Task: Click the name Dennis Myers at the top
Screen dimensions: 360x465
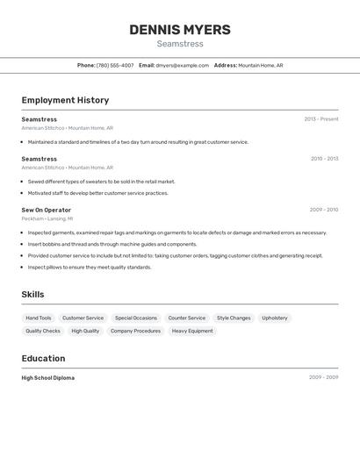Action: [180, 30]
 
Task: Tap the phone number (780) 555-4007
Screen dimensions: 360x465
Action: [115, 65]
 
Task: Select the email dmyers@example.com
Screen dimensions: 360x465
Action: [183, 65]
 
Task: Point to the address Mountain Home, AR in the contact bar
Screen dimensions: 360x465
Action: [261, 65]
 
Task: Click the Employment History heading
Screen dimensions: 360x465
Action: [65, 100]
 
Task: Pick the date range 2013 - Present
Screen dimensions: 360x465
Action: [321, 119]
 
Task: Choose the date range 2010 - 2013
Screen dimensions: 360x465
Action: [324, 159]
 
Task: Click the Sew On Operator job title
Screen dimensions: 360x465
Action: [47, 210]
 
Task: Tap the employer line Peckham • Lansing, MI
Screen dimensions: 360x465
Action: [47, 218]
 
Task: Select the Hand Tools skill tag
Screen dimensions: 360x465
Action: [39, 318]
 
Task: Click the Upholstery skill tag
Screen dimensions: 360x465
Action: [275, 318]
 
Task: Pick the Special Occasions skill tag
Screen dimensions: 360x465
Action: [136, 318]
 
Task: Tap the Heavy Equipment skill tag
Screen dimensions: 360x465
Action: [192, 331]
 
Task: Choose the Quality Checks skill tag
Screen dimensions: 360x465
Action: [43, 331]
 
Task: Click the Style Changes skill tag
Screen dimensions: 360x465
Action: [234, 318]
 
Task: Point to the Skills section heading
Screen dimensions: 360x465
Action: [32, 295]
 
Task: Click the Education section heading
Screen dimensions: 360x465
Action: [43, 358]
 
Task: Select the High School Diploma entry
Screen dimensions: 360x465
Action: [48, 378]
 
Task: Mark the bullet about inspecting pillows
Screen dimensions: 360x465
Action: [90, 267]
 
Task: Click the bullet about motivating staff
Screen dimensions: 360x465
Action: [97, 193]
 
